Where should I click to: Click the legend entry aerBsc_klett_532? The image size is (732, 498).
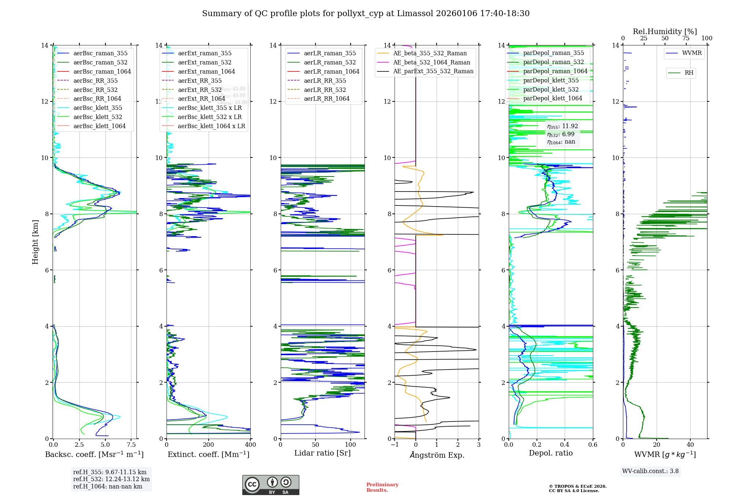[97, 117]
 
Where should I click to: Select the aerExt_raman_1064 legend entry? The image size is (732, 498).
[206, 71]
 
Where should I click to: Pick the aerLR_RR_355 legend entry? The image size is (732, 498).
[325, 81]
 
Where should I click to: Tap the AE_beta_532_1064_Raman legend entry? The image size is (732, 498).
[432, 62]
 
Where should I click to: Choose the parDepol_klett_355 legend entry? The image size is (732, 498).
[551, 80]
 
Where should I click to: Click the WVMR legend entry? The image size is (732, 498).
[692, 53]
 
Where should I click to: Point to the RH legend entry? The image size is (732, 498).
[689, 73]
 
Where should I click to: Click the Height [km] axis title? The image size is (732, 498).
[35, 242]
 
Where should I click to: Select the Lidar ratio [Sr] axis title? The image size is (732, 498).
[322, 453]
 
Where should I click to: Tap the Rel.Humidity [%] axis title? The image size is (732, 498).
[665, 31]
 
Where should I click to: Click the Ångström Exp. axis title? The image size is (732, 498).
[437, 455]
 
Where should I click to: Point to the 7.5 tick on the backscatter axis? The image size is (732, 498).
[131, 445]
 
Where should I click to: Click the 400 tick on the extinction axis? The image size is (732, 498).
[250, 445]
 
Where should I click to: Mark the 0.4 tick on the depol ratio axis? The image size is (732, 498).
[565, 445]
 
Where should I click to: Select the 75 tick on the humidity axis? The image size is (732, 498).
[686, 38]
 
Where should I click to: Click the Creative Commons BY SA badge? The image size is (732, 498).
[270, 485]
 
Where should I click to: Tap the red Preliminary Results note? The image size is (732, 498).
[382, 487]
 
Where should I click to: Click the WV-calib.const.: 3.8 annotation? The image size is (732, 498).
[650, 471]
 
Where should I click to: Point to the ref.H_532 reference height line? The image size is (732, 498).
[111, 479]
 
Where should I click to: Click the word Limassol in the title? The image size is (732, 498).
[414, 14]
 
